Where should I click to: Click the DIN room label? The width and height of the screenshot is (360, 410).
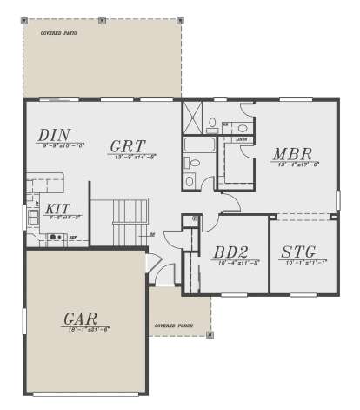pyautogui.click(x=54, y=135)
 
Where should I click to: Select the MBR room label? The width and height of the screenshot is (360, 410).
pyautogui.click(x=291, y=154)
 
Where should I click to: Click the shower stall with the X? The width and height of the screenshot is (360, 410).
pyautogui.click(x=191, y=118)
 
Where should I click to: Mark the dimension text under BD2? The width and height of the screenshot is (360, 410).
pyautogui.click(x=230, y=263)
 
